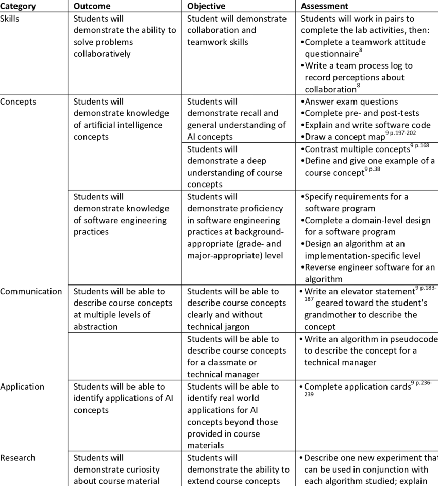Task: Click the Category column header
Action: click(18, 6)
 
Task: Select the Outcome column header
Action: click(92, 6)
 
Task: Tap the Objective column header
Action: click(206, 6)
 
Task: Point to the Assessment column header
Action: click(325, 6)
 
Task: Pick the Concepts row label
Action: click(18, 102)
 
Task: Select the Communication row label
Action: click(31, 291)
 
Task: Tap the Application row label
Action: click(22, 387)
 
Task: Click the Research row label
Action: click(18, 458)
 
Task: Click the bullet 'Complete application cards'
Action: click(357, 387)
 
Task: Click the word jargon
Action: click(236, 327)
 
